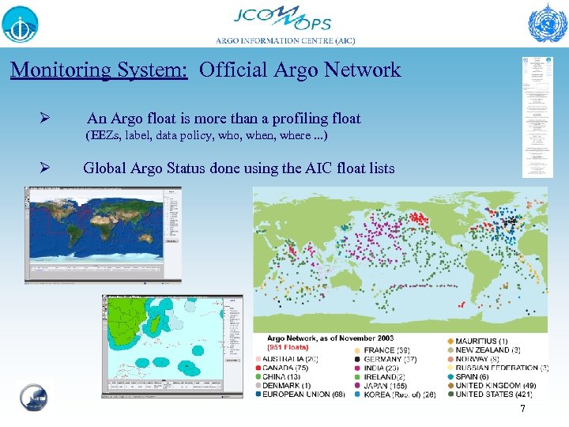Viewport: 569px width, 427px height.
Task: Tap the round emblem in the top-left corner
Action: point(20,24)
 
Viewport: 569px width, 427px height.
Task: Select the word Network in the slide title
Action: point(366,70)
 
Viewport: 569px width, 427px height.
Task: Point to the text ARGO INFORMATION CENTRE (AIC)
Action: point(284,41)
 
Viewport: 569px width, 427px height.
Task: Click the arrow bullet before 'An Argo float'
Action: point(46,119)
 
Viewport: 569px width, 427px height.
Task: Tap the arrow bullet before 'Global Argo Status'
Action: point(46,168)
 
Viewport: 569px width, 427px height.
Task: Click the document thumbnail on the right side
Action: point(537,117)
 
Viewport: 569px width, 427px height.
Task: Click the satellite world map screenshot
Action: point(104,235)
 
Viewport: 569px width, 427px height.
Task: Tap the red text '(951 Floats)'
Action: point(288,346)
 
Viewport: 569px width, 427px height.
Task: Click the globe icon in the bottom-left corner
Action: point(33,398)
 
